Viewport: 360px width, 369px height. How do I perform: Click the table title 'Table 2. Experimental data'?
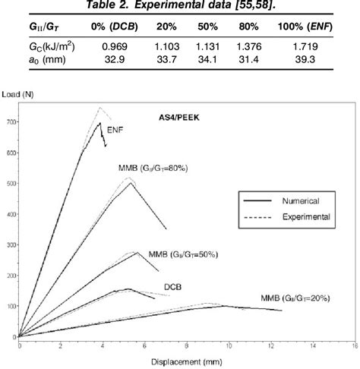(179, 7)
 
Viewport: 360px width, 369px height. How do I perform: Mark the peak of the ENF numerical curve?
(100, 123)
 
